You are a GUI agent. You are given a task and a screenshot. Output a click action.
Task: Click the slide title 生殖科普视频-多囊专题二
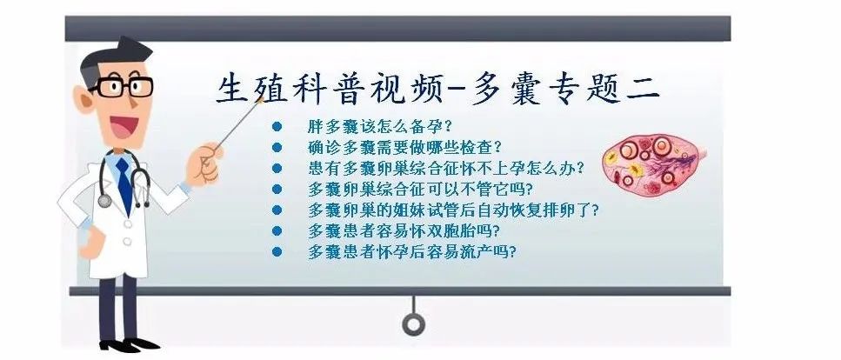(x=437, y=88)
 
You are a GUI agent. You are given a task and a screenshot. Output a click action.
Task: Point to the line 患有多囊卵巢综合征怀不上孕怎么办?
(x=446, y=168)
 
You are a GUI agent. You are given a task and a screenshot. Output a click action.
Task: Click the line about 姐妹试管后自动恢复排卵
(x=453, y=210)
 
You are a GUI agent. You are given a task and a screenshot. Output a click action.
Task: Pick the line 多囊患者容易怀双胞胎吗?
(x=404, y=230)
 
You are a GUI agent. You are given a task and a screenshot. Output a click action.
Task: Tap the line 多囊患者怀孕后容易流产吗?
(x=412, y=251)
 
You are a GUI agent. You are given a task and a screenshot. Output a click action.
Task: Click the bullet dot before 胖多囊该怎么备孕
(x=277, y=127)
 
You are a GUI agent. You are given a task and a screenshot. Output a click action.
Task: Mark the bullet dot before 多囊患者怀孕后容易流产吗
(x=277, y=251)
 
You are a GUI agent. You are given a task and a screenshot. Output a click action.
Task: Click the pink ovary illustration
(x=653, y=165)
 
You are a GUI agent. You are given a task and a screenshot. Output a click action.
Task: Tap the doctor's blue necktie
(x=124, y=184)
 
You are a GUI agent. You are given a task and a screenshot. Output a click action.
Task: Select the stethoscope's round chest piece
(x=104, y=201)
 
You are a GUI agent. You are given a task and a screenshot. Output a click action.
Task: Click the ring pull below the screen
(x=413, y=323)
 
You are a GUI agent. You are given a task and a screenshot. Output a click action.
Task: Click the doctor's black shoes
(x=129, y=344)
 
